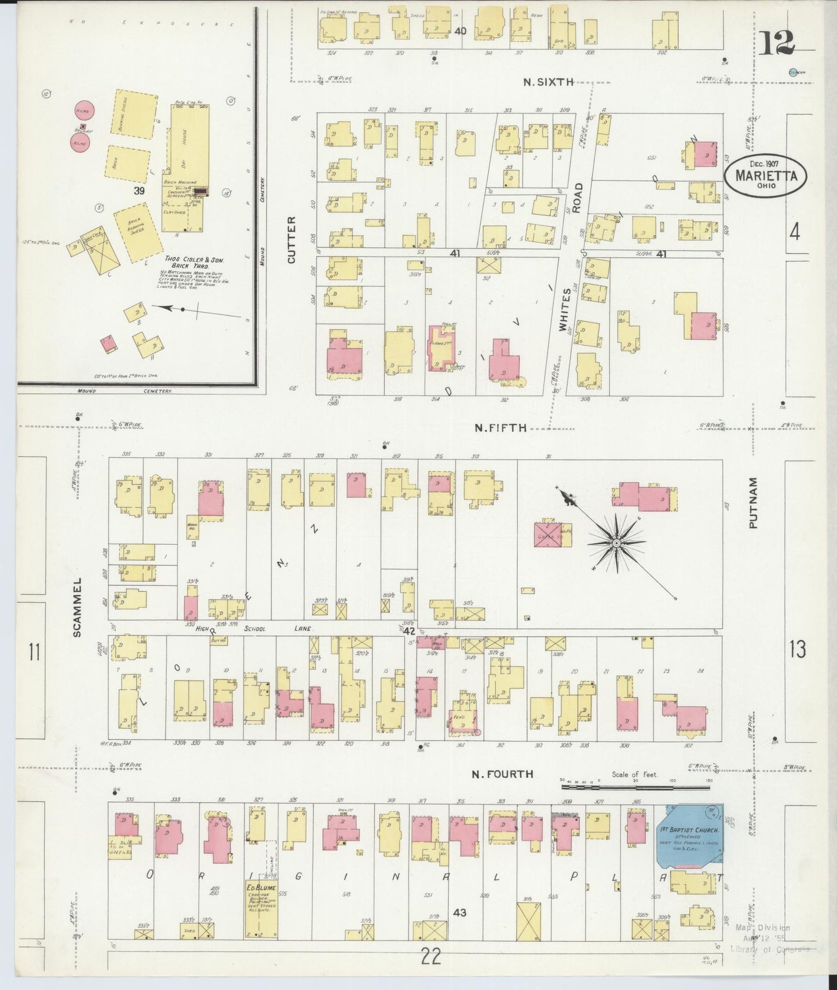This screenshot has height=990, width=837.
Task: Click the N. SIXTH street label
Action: tap(548, 82)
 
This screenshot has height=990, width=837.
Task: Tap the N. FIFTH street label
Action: tap(500, 428)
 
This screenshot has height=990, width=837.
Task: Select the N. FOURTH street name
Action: tap(502, 774)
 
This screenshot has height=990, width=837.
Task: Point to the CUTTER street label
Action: tap(291, 240)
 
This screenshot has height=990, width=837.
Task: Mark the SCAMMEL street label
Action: tap(78, 606)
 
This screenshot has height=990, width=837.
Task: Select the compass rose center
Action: tap(616, 543)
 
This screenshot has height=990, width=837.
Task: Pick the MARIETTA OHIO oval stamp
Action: tap(766, 174)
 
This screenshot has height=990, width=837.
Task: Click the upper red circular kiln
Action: tap(82, 110)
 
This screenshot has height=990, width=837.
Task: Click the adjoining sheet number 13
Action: tap(797, 649)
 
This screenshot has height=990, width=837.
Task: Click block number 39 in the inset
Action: tap(138, 191)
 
